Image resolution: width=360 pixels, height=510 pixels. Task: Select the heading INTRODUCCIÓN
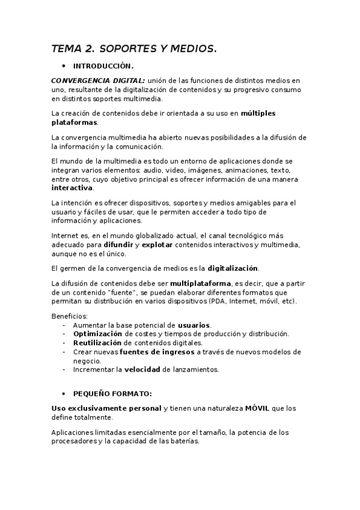click(x=103, y=66)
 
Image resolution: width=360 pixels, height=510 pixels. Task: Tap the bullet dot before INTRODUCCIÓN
click(x=64, y=66)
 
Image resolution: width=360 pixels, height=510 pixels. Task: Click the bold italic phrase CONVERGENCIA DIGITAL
click(x=98, y=80)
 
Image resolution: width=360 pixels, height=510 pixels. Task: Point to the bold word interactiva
click(x=72, y=188)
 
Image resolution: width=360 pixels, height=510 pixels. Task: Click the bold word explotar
click(x=159, y=245)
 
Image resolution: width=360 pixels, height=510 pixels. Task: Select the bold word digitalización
click(x=233, y=268)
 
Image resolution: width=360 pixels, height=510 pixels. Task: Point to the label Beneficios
click(x=70, y=316)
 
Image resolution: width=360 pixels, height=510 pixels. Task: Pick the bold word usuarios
click(x=194, y=325)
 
